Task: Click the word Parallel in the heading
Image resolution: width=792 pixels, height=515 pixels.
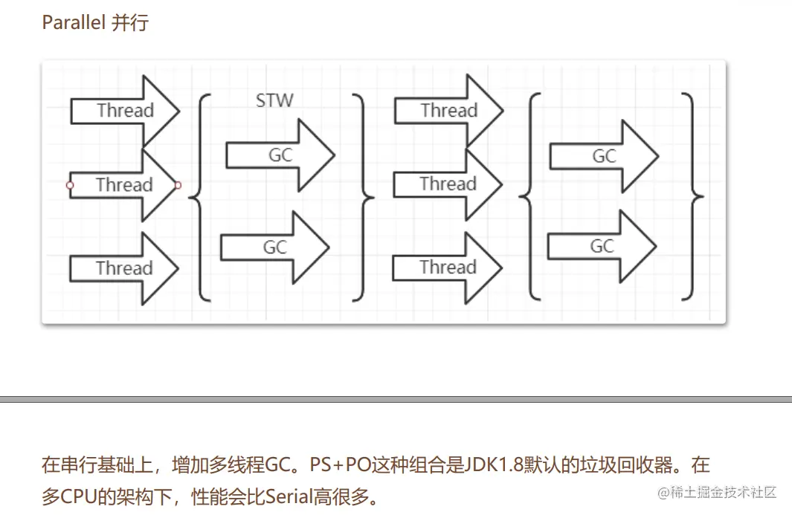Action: tap(74, 22)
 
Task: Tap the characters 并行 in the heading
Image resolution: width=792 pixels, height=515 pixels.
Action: tap(130, 23)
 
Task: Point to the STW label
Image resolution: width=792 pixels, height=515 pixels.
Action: tap(274, 100)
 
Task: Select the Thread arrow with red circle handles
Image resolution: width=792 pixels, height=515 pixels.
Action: tap(123, 185)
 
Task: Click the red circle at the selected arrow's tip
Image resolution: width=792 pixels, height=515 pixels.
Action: tap(177, 185)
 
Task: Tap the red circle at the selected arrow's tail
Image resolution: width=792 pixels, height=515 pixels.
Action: tap(70, 185)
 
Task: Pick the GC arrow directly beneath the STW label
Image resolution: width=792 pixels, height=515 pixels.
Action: tap(280, 155)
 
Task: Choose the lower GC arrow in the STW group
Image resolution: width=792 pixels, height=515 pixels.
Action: tap(275, 247)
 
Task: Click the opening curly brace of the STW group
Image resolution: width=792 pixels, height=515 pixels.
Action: tap(199, 197)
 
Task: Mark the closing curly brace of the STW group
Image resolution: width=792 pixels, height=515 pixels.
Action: tap(363, 197)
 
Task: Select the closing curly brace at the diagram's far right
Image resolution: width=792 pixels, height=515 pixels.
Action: tap(692, 196)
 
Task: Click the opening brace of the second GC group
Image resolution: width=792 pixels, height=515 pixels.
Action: tap(529, 196)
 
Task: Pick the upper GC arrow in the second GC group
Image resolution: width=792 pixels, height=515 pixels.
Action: tap(604, 157)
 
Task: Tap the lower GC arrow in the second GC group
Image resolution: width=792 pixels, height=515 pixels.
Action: tap(602, 247)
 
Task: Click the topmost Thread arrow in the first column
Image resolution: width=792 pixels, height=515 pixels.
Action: tap(125, 111)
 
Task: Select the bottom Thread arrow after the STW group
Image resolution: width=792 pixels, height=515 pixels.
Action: tap(448, 268)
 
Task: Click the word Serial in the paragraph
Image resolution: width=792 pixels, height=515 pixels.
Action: tap(289, 497)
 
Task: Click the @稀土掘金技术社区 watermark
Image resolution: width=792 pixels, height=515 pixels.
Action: tap(717, 492)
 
